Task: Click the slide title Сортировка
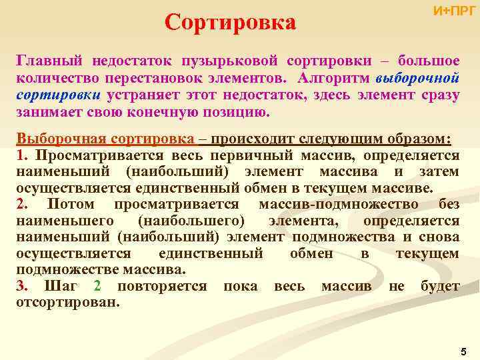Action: [x=230, y=22]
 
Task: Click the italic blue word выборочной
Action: [x=418, y=78]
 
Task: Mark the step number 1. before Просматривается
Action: [x=23, y=155]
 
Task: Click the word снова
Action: [x=439, y=237]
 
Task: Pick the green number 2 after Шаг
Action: [x=97, y=286]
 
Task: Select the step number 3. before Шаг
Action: [x=23, y=286]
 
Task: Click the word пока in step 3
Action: [x=240, y=286]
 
